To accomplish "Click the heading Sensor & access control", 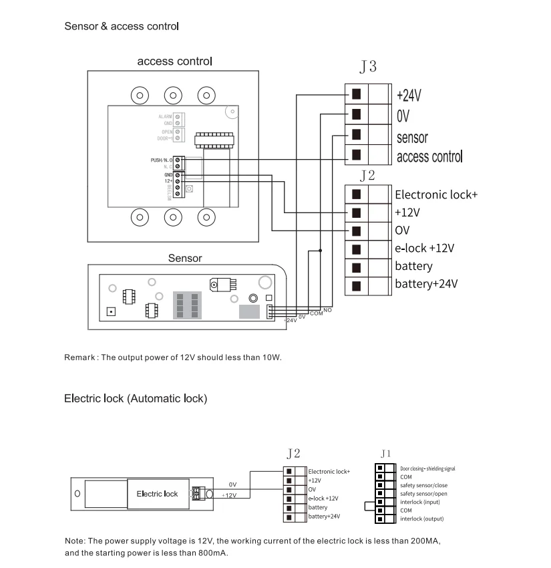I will pyautogui.click(x=121, y=27).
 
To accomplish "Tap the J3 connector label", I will pyautogui.click(x=367, y=67).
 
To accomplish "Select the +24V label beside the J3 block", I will pyautogui.click(x=409, y=95).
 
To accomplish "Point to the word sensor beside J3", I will pyautogui.click(x=412, y=138).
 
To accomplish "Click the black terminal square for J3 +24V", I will pyautogui.click(x=356, y=94).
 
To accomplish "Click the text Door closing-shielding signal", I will pyautogui.click(x=427, y=469).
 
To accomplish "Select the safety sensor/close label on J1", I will pyautogui.click(x=423, y=485).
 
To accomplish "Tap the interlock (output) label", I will pyautogui.click(x=421, y=519).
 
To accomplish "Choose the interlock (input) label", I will pyautogui.click(x=419, y=502).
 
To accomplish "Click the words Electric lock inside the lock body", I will pyautogui.click(x=157, y=494).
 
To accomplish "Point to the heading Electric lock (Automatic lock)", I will pyautogui.click(x=136, y=398).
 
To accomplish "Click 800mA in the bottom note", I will pyautogui.click(x=211, y=553).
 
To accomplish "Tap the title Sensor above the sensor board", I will pyautogui.click(x=185, y=258).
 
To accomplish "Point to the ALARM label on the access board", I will pyautogui.click(x=165, y=117).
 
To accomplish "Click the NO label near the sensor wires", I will pyautogui.click(x=327, y=310).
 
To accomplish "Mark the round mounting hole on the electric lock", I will pyautogui.click(x=77, y=494).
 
